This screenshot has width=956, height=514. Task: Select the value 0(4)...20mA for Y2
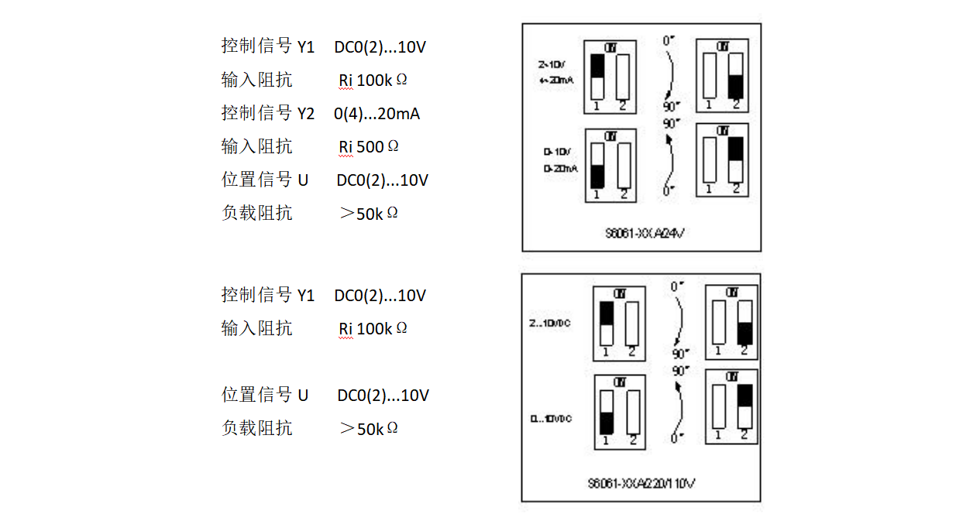click(377, 114)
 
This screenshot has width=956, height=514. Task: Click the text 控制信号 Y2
click(268, 113)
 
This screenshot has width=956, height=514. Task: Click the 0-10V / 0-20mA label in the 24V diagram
click(559, 160)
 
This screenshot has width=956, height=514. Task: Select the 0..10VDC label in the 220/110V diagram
click(551, 419)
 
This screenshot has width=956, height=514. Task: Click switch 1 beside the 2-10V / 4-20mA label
click(597, 76)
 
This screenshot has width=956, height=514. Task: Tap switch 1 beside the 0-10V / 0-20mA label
click(597, 165)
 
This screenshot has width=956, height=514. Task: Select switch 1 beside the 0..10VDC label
click(607, 412)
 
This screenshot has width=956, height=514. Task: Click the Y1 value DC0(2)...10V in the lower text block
click(380, 296)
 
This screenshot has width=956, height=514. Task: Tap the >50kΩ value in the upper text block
click(369, 214)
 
